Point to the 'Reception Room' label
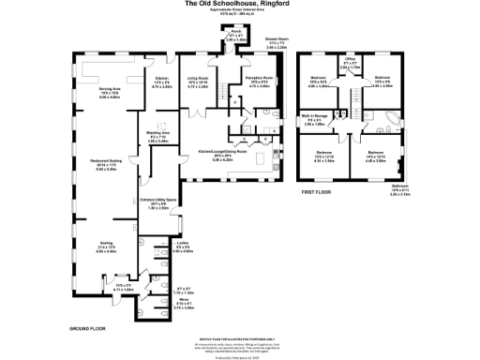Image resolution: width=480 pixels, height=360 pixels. (257, 82)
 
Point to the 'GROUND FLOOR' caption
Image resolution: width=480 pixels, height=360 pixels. (87, 328)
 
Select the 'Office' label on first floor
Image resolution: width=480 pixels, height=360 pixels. (350, 64)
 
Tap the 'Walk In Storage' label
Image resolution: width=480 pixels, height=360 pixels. (315, 120)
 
